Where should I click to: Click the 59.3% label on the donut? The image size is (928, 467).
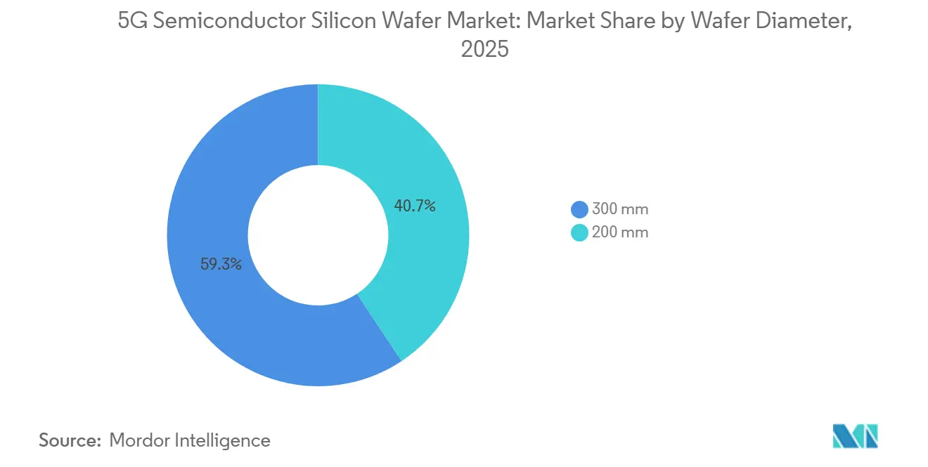[x=221, y=265]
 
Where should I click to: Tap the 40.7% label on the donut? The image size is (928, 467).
[x=414, y=206]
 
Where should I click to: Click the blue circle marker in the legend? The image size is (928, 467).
[x=579, y=209]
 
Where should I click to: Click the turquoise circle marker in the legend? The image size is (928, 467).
[x=579, y=232]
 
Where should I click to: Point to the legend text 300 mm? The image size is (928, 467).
[x=619, y=209]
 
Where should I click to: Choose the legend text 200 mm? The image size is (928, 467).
[x=619, y=232]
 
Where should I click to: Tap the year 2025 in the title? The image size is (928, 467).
[x=484, y=50]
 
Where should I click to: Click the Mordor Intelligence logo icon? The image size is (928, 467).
[x=855, y=436]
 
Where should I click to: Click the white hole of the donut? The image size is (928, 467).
[x=318, y=235]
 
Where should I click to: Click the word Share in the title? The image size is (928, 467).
[x=617, y=22]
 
